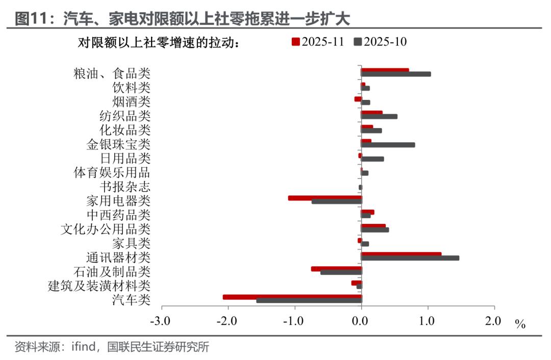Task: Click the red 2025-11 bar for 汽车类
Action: (292, 297)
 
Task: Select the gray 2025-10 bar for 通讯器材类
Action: (410, 258)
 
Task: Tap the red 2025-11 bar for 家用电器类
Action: (324, 198)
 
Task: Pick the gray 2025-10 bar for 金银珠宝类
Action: (388, 145)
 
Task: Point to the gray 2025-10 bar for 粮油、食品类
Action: (395, 74)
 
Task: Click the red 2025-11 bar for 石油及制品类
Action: (336, 269)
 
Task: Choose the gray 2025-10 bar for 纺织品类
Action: (379, 116)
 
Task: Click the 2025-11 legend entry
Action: (317, 42)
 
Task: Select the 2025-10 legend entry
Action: (381, 42)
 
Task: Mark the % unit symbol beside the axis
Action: (520, 324)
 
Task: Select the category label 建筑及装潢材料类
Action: (99, 286)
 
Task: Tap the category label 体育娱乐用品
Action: (112, 172)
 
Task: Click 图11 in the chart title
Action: (33, 19)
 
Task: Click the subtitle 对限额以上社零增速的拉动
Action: (158, 43)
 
